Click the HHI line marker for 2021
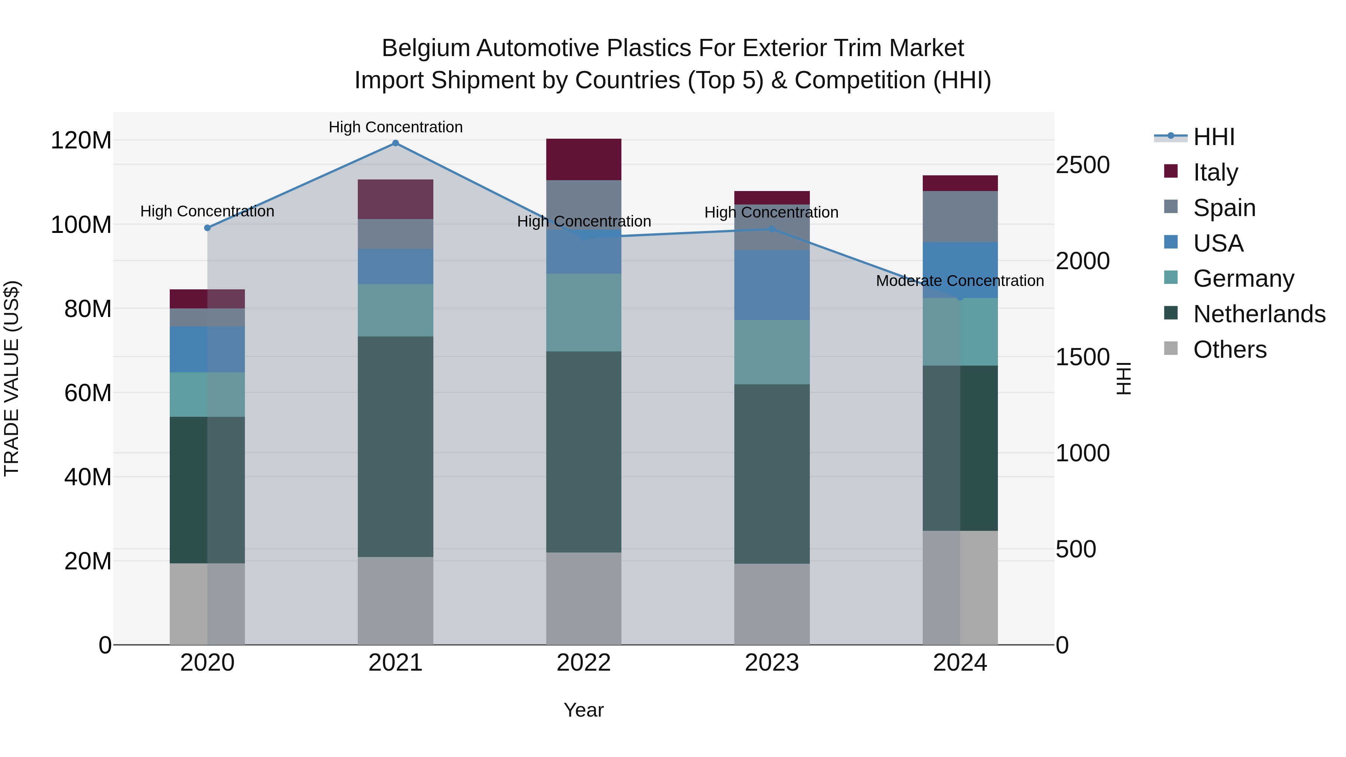[x=396, y=143]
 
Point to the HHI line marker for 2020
[x=208, y=228]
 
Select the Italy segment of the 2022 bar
[x=584, y=159]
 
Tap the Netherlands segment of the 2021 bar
[x=396, y=447]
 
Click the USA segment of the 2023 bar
[x=772, y=285]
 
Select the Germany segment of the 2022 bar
[x=584, y=313]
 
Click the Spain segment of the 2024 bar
[x=960, y=217]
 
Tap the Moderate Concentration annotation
[x=960, y=281]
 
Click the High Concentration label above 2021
[x=396, y=127]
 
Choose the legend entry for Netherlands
[x=1259, y=314]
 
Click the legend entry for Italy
[x=1216, y=172]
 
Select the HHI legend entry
[x=1214, y=137]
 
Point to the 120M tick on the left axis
[x=81, y=141]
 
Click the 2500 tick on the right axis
[x=1083, y=165]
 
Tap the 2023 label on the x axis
[x=772, y=663]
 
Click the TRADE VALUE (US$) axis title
[x=12, y=378]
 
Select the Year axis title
[x=584, y=710]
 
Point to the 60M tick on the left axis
[x=88, y=393]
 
